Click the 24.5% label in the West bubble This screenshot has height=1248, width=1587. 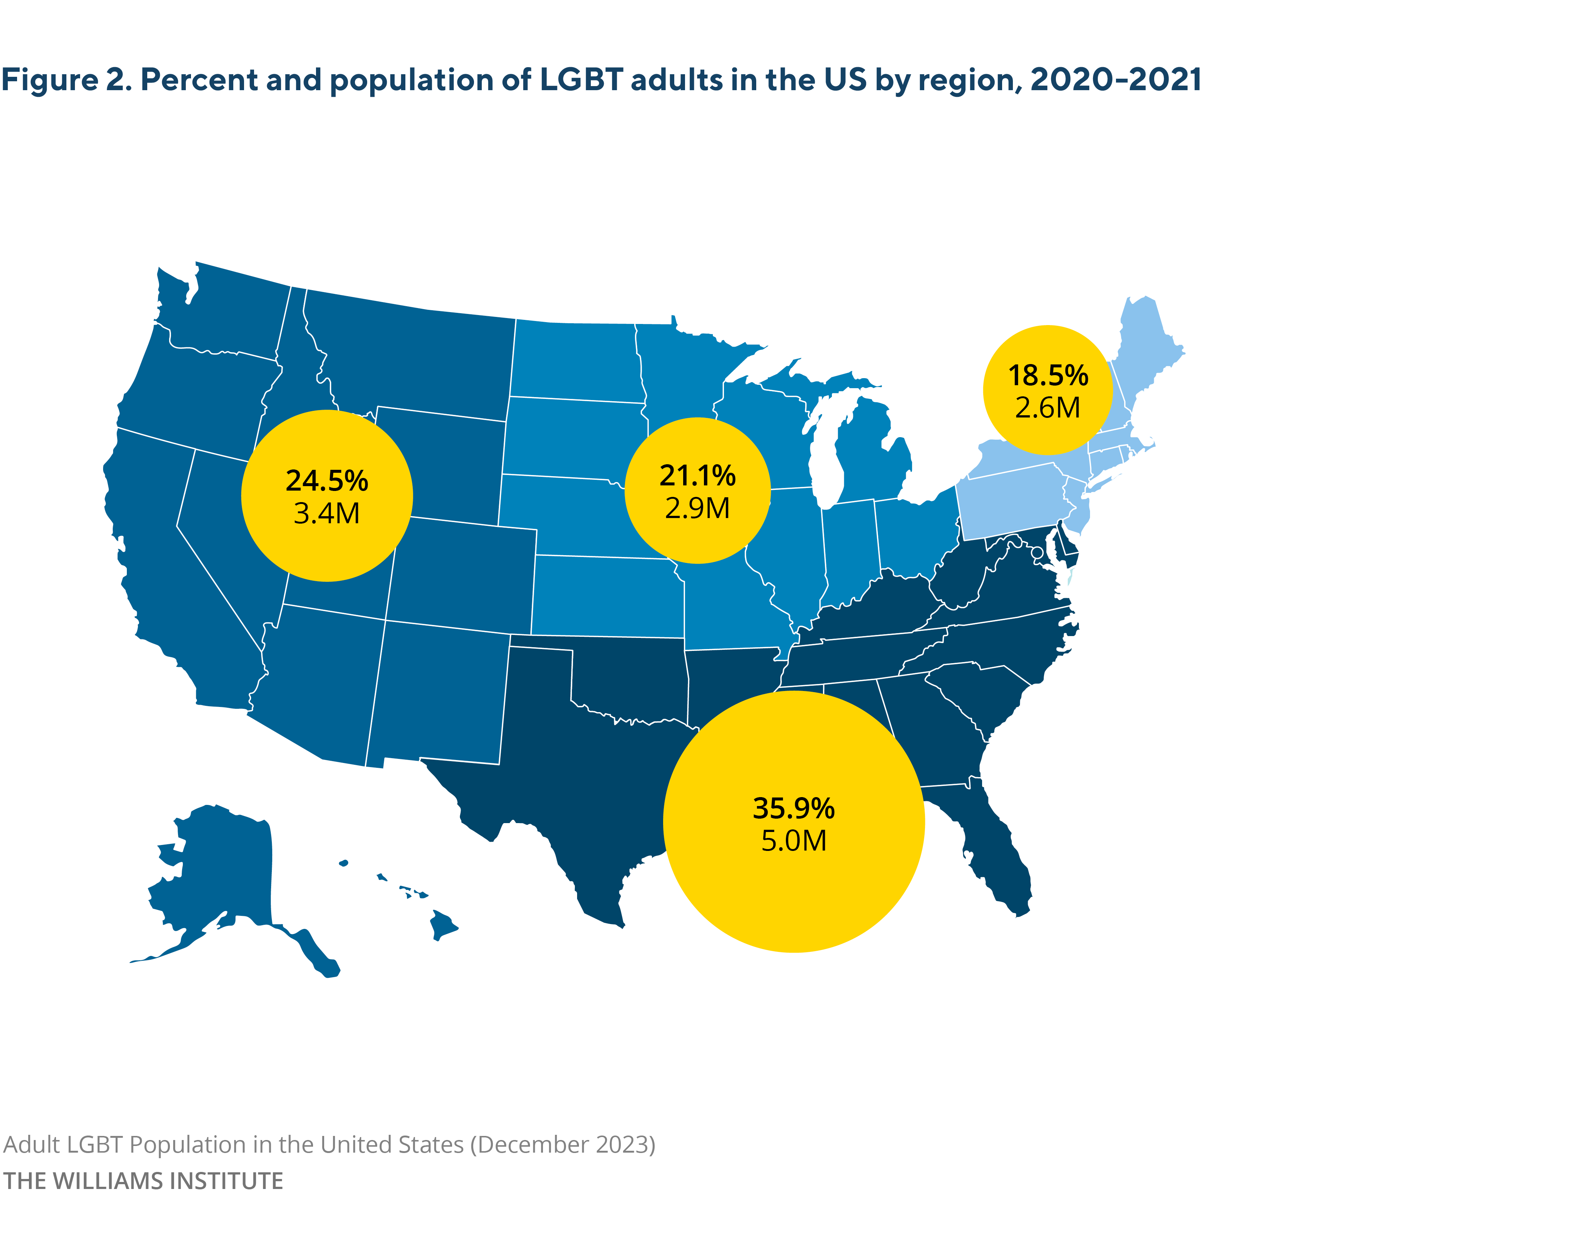[x=326, y=481]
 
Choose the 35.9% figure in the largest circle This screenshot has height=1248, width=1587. [x=793, y=808]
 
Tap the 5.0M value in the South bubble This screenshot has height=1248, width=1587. [x=793, y=841]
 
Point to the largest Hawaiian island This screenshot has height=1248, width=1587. [x=442, y=924]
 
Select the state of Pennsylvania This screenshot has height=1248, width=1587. [x=1011, y=501]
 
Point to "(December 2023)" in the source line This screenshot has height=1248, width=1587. [x=562, y=1144]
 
